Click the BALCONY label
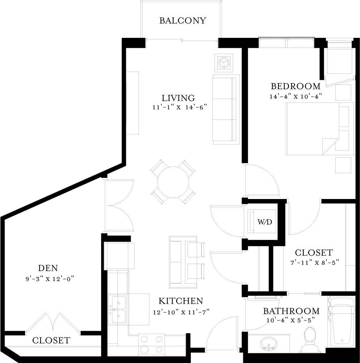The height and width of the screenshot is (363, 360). [x=183, y=20]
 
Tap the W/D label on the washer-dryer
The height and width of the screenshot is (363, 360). [x=264, y=222]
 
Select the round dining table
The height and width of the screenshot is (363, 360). [x=173, y=182]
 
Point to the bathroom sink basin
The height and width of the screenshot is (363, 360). [x=268, y=344]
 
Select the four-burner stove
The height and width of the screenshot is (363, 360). [x=151, y=344]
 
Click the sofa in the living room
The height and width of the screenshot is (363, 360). [x=225, y=109]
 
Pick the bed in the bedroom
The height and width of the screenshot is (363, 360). [x=319, y=129]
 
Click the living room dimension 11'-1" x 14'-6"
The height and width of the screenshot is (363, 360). [x=179, y=107]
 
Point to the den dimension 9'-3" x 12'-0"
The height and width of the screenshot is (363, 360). [x=48, y=279]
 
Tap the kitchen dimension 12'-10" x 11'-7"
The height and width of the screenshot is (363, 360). [x=181, y=312]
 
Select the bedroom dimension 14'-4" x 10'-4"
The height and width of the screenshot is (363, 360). [x=295, y=97]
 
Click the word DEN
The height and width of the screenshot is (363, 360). [x=48, y=268]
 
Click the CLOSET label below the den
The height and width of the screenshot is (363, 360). [x=51, y=341]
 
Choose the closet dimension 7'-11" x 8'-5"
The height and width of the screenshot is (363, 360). [x=315, y=262]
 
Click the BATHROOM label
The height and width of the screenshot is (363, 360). [x=291, y=311]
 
